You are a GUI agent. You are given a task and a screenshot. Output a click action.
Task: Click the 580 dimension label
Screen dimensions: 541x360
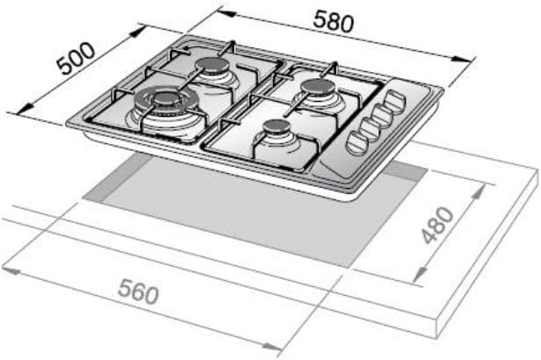point(334,21)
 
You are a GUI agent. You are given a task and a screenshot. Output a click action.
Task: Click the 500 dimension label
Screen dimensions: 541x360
point(76,58)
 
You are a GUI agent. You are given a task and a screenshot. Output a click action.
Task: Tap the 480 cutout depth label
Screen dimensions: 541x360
point(437,225)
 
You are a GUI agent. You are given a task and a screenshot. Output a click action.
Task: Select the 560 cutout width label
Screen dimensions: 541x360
point(138,292)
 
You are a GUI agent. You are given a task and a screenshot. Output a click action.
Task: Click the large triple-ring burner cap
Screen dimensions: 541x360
point(166,98)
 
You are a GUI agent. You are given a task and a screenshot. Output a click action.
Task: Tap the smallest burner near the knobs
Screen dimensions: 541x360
point(277,126)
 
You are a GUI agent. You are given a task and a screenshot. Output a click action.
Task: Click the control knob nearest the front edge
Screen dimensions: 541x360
point(357,142)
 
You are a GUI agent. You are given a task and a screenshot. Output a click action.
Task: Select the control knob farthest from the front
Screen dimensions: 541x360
point(396,101)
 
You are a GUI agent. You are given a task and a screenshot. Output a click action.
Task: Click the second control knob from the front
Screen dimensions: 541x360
point(369,129)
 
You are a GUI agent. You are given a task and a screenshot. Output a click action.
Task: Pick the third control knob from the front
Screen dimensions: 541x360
point(382,115)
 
